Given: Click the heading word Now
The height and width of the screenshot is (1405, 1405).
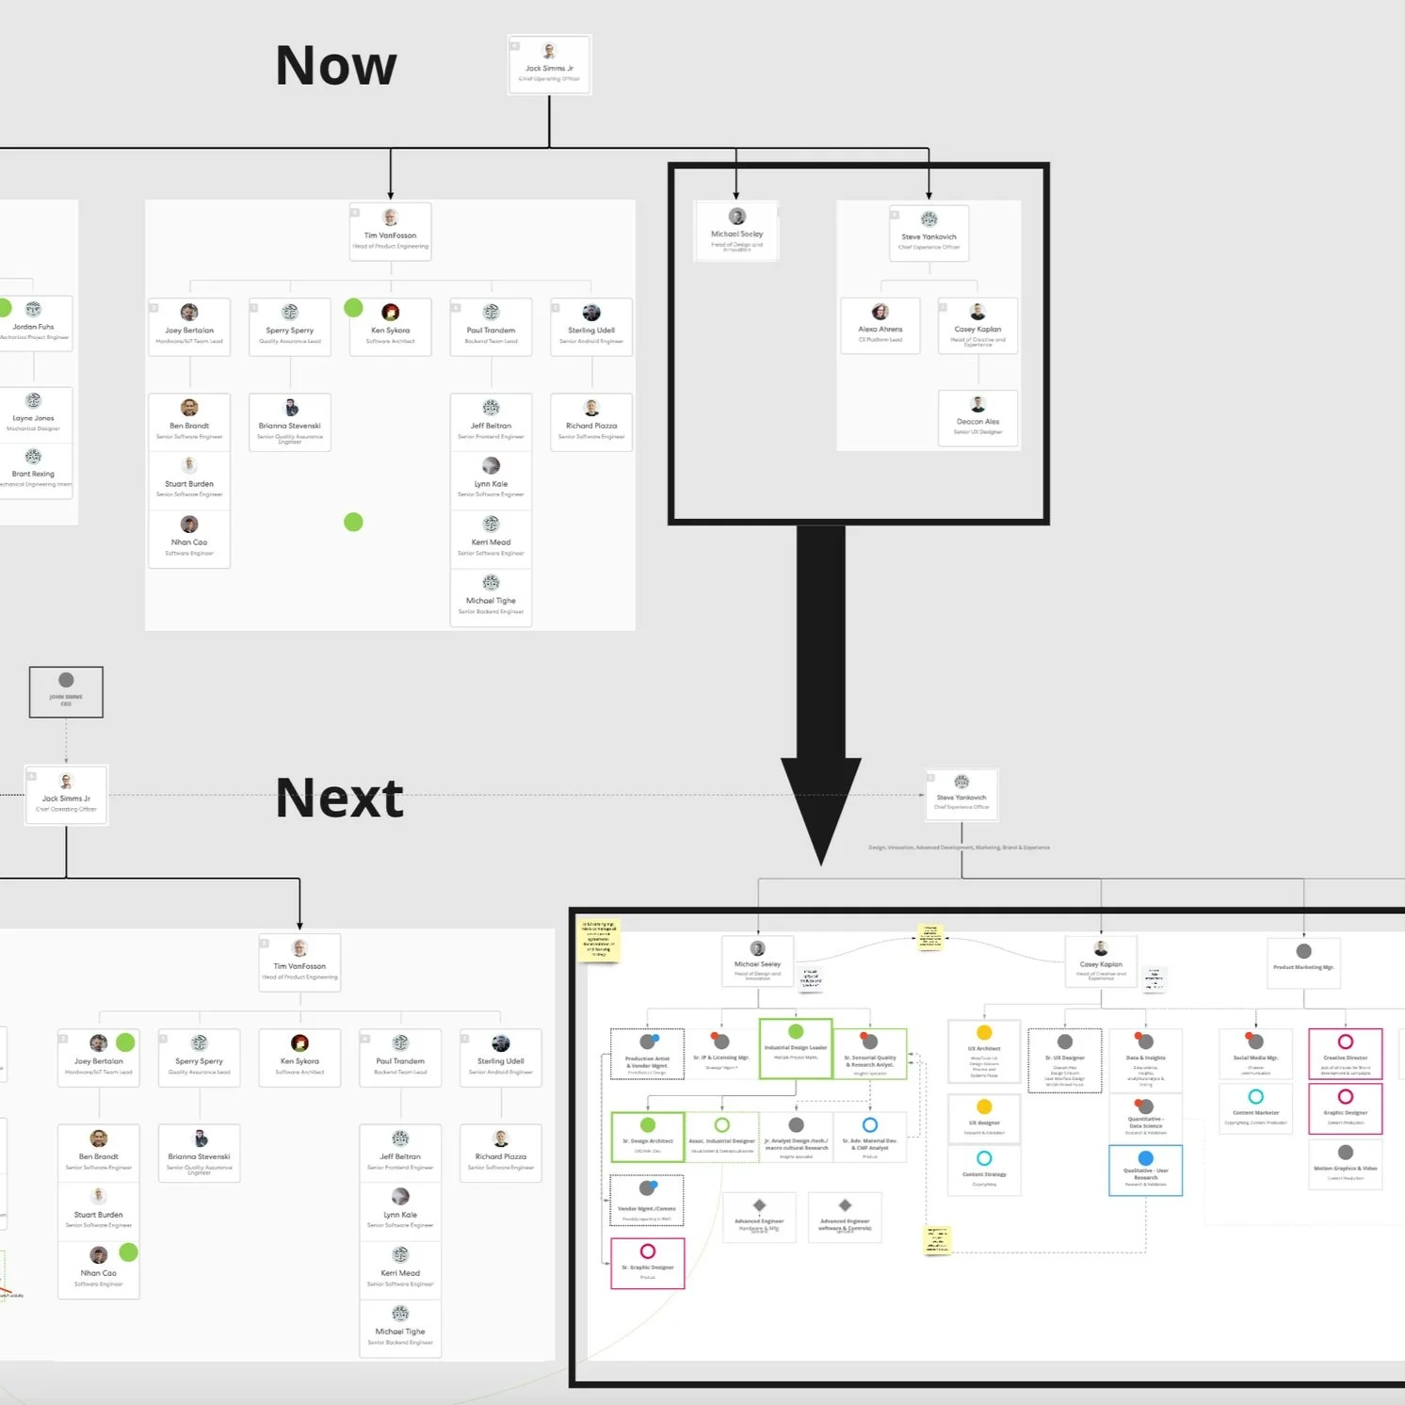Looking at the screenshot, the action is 336,66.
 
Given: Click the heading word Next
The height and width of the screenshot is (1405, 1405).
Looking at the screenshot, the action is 340,799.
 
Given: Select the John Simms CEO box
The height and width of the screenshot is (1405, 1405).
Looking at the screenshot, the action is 66,692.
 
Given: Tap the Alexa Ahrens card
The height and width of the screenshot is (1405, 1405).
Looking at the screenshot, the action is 880,326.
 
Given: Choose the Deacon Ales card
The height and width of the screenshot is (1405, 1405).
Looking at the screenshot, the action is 978,417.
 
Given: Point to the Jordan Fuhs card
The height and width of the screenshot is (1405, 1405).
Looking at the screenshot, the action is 35,323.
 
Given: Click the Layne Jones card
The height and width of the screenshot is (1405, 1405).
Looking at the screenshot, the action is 35,413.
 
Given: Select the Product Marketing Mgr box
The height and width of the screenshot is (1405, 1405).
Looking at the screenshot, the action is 1303,962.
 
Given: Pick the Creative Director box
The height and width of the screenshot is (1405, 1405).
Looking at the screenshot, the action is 1345,1054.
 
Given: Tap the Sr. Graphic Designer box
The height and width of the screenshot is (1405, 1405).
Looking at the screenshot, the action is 648,1263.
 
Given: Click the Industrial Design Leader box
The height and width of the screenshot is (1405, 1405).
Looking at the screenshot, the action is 796,1048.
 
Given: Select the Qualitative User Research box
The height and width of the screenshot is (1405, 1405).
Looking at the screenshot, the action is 1145,1171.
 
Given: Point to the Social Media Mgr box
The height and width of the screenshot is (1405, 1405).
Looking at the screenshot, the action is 1255,1054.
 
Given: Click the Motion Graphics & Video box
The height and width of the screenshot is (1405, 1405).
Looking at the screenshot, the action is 1345,1164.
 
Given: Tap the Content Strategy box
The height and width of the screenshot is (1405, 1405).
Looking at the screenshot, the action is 984,1170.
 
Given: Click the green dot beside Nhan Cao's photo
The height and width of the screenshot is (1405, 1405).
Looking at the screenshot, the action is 129,1252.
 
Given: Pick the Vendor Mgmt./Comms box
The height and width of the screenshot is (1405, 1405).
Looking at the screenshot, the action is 647,1201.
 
